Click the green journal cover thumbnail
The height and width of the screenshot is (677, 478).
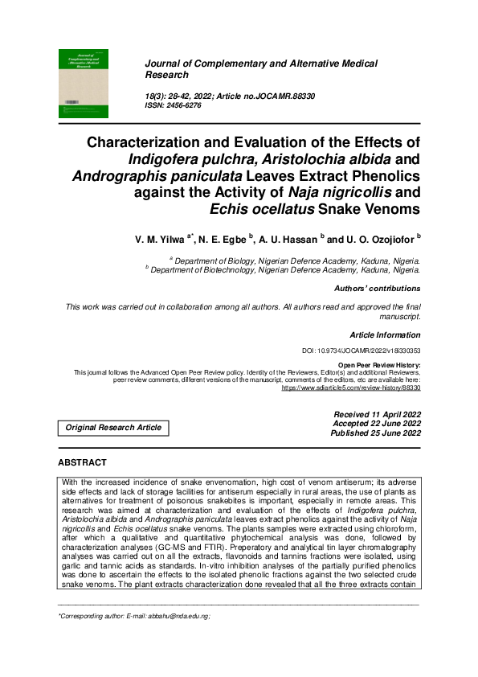point(83,84)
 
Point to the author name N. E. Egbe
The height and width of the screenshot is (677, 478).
point(223,239)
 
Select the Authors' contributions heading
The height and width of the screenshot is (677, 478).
point(377,288)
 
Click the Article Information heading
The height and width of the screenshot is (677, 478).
point(385,334)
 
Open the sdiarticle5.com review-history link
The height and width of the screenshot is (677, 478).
point(351,388)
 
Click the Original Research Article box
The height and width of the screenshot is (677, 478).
point(113,428)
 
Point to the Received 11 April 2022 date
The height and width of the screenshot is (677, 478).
point(377,414)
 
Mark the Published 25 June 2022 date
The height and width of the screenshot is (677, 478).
point(375,433)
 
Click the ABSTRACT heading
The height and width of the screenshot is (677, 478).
point(82,463)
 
